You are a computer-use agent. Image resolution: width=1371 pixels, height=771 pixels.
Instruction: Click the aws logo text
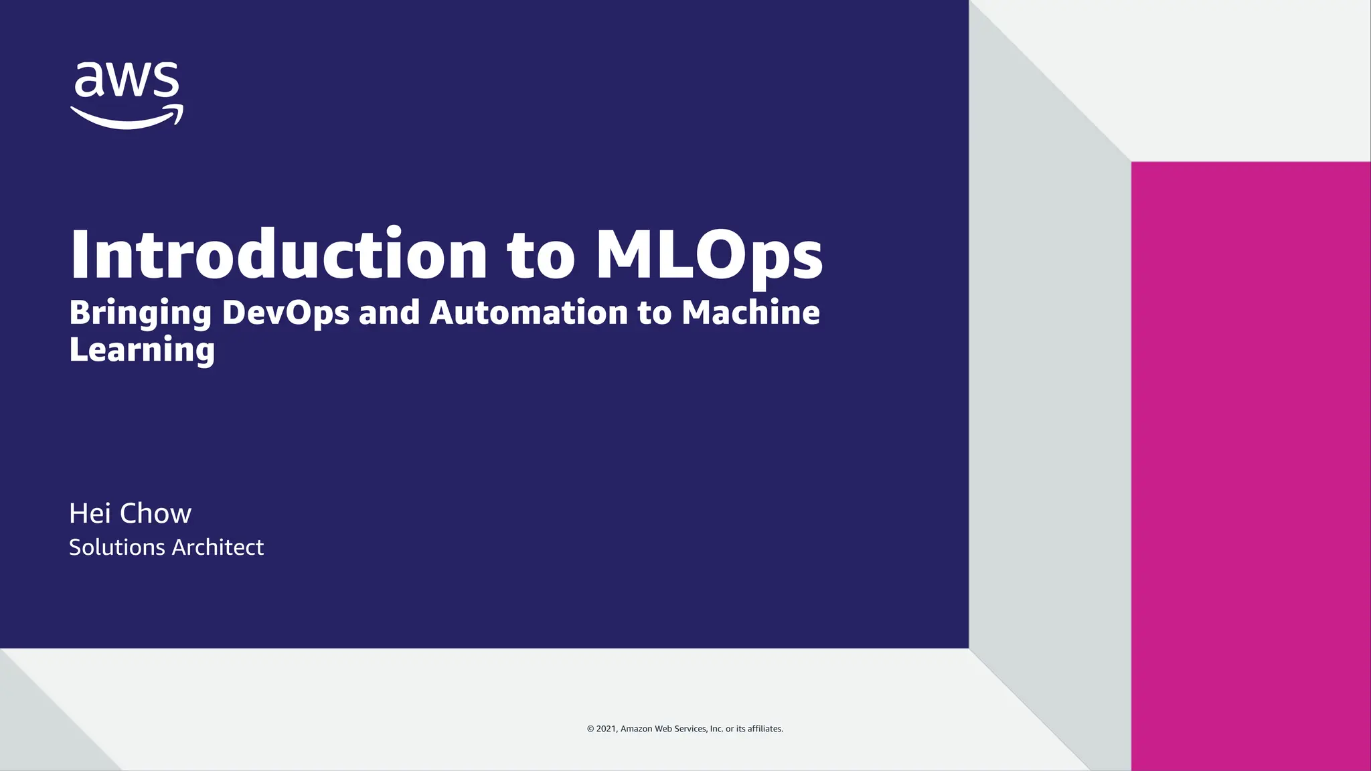pos(127,80)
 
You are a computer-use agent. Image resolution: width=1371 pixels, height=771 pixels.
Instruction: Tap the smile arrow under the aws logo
pos(127,118)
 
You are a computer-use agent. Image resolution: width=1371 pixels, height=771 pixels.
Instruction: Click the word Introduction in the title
pos(278,255)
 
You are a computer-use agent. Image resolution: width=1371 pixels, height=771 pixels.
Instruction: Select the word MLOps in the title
pos(709,255)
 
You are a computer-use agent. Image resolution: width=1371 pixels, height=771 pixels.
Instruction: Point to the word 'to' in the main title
pos(541,255)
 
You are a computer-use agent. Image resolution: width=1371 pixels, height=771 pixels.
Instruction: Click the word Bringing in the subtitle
pos(141,313)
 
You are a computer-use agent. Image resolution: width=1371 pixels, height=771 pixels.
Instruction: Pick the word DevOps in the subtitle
pos(286,313)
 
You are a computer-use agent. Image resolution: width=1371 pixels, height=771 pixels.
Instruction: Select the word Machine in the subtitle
pos(750,312)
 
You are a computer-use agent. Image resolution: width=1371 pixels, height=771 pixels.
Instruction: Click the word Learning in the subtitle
pos(142,350)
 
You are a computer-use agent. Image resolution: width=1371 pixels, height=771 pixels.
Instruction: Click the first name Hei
pos(90,513)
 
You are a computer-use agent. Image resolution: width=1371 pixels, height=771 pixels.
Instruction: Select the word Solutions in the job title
pos(117,547)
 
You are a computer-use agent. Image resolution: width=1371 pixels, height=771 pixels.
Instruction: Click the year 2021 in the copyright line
pos(607,729)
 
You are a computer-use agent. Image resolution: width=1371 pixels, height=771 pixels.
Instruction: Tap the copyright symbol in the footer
pos(590,729)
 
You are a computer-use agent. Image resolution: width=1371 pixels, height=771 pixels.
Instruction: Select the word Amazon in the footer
pos(636,729)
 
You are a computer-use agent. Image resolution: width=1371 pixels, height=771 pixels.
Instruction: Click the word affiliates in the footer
pos(765,729)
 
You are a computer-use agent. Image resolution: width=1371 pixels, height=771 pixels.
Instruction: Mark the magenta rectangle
pos(1251,466)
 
